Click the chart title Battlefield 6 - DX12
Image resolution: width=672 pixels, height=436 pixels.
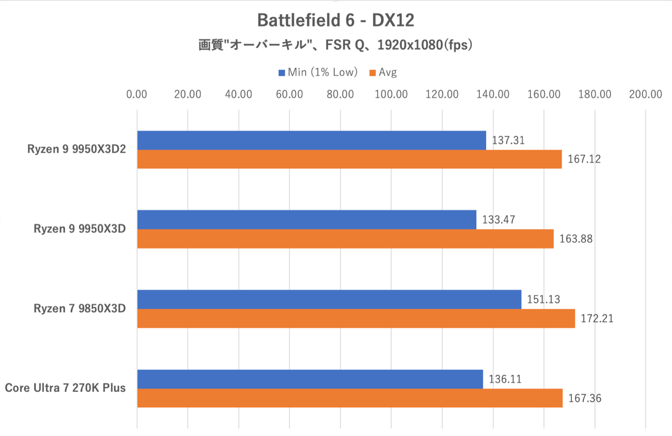pos(335,20)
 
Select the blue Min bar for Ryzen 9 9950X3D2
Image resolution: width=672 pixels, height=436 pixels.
pos(311,140)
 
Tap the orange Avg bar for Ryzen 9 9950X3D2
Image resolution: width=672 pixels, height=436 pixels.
pos(349,159)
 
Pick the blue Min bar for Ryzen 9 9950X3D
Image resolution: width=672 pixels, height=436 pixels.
pos(307,220)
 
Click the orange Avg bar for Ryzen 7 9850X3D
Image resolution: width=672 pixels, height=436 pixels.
pos(356,318)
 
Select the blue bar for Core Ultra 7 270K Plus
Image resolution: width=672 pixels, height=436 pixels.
pos(310,379)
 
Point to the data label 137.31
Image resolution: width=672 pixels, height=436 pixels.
pos(508,140)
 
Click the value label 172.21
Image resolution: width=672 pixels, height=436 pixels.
pos(597,319)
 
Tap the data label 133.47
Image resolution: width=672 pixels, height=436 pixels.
pos(498,220)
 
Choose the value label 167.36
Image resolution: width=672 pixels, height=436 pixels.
pos(584,399)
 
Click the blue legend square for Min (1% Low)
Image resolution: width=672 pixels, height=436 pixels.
pos(282,73)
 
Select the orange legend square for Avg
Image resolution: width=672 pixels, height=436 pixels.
pos(373,73)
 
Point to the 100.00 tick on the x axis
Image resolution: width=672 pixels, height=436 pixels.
pos(391,94)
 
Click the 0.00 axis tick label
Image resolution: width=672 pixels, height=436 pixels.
pos(137,94)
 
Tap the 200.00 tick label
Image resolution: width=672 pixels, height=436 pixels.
pos(645,94)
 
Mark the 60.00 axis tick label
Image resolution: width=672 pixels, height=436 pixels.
pos(290,94)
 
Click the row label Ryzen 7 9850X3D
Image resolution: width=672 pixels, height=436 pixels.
pos(80,309)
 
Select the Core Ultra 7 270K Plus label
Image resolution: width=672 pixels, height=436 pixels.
pos(65,388)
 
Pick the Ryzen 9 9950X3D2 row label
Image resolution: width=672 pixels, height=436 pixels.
pos(76,149)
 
